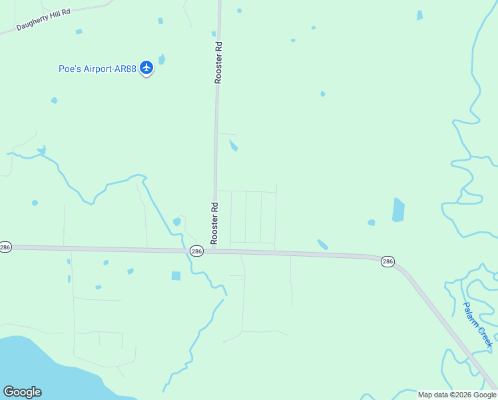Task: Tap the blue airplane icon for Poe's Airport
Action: pos(146,68)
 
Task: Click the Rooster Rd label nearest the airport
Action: pos(218,63)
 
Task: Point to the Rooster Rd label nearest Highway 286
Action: pos(214,222)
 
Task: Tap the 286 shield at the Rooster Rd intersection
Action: pos(196,251)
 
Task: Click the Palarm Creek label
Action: pos(478,323)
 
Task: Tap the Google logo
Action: pos(22,392)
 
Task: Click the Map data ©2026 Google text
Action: pos(457,395)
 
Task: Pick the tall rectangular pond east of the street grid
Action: pos(398,209)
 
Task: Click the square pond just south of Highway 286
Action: pos(176,275)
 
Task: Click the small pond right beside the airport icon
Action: pos(162,60)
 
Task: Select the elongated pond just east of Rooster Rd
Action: pos(233,145)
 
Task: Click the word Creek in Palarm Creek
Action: pos(485,334)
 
